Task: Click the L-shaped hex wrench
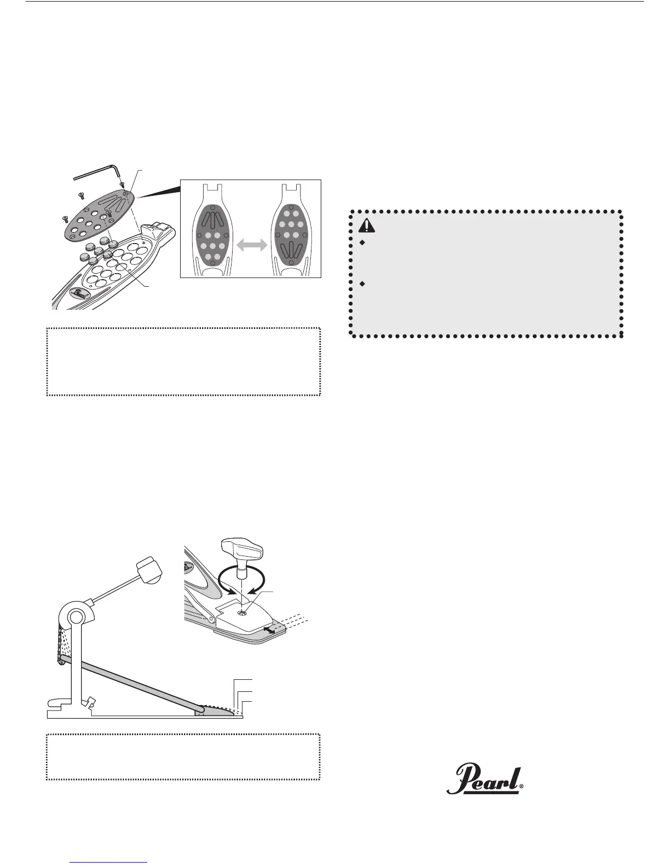99,170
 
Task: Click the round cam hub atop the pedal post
76,617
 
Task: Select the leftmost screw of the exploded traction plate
65,218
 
